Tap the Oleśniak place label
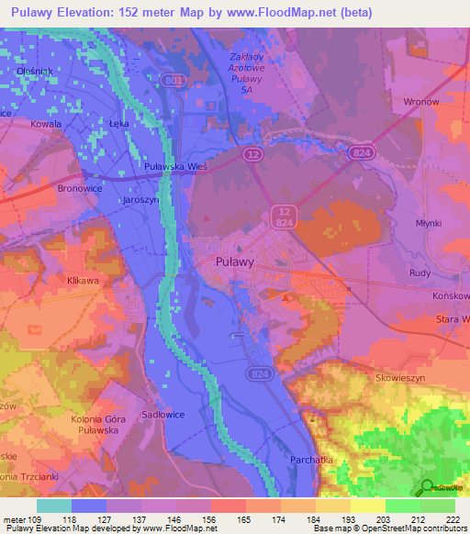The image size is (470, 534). point(34,70)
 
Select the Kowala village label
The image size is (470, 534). point(46,123)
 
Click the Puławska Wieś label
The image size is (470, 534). point(177,167)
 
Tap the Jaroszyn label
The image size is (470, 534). point(140,197)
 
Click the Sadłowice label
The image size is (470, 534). point(159,415)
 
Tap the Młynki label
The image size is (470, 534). point(428,223)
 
